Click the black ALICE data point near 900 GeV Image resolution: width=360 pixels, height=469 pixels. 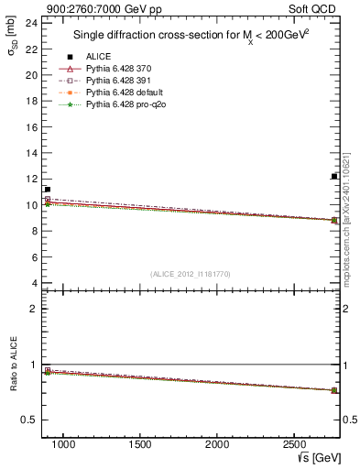(47, 190)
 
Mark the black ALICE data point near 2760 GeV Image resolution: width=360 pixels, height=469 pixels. (334, 176)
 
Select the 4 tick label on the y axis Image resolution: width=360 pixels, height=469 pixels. (34, 283)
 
